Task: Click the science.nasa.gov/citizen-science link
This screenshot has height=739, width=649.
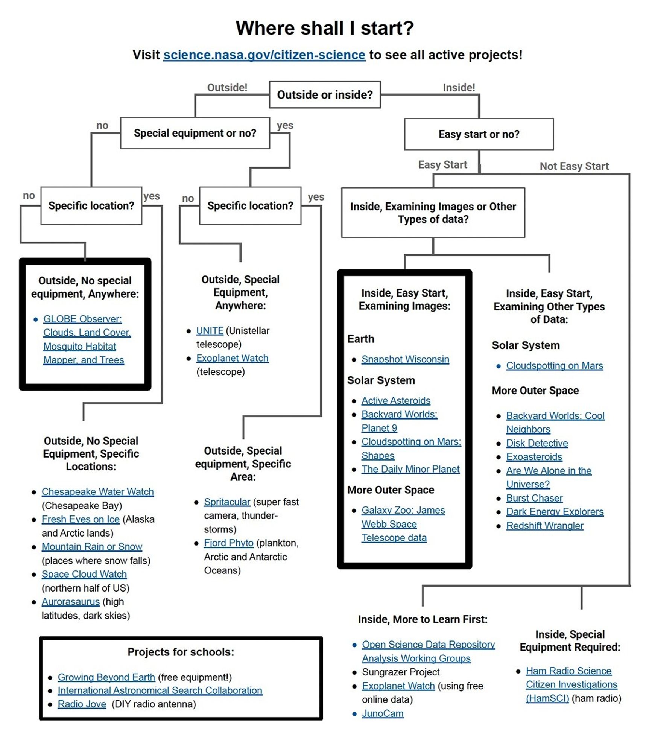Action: [x=264, y=55]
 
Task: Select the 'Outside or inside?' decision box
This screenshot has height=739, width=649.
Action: [x=325, y=94]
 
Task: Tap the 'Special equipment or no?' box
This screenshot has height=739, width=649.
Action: [x=195, y=133]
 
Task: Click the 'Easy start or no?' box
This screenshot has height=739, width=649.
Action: [x=479, y=134]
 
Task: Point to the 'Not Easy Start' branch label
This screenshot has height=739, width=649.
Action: [x=574, y=166]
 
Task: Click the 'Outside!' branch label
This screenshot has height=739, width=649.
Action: [x=227, y=87]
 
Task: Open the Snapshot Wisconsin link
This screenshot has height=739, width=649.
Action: [x=405, y=359]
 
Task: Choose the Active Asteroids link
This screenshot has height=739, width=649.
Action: [x=395, y=400]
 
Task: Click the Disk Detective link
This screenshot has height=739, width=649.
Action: [x=537, y=443]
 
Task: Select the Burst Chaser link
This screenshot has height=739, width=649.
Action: [x=534, y=498]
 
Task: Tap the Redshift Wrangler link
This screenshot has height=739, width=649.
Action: [x=544, y=525]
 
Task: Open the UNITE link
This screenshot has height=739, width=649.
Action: [x=210, y=330]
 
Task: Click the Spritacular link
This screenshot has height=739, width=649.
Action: [x=227, y=502]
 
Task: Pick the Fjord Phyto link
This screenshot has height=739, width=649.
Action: [x=228, y=543]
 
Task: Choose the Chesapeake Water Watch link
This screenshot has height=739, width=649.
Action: [x=97, y=491]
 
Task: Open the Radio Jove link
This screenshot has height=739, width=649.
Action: [x=82, y=704]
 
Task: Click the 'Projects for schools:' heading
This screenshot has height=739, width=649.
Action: [x=181, y=652]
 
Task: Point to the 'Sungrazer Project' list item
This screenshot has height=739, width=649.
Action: [x=400, y=672]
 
